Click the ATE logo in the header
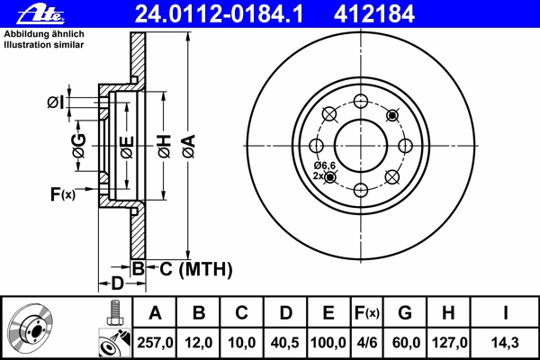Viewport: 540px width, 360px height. [40, 14]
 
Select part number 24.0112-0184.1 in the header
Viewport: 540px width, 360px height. [220, 14]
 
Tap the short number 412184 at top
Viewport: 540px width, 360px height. [374, 14]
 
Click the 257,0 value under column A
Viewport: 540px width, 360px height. [155, 343]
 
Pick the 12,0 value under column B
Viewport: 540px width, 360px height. [199, 343]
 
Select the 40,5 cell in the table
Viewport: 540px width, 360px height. [284, 343]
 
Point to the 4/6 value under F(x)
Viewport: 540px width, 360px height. [367, 343]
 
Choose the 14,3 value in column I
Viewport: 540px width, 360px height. [505, 343]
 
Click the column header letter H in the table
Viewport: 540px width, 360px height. [448, 313]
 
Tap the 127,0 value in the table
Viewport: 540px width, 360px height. [449, 343]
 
